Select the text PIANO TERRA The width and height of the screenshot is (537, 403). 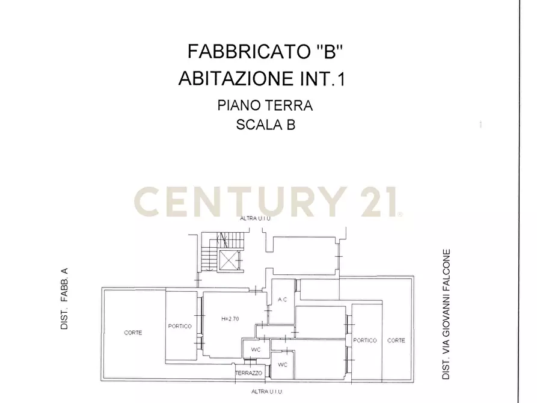[x=265, y=106]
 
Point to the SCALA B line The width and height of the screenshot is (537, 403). [x=265, y=125]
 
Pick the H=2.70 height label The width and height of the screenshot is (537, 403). [x=230, y=319]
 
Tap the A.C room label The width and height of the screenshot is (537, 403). [x=281, y=300]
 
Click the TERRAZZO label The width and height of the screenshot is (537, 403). [x=248, y=374]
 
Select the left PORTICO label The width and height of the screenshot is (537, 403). [x=180, y=326]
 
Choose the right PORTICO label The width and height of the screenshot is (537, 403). [x=365, y=340]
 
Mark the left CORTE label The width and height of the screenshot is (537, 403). [x=133, y=333]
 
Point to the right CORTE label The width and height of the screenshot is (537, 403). [x=396, y=340]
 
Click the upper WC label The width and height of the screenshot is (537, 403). [x=255, y=349]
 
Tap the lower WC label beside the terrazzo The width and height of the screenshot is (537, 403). [x=282, y=365]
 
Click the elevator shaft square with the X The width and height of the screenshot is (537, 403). [x=230, y=260]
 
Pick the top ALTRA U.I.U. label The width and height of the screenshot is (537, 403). [x=256, y=218]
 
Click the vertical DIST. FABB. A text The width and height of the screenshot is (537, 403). [x=64, y=300]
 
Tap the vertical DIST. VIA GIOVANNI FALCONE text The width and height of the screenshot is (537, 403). [x=446, y=314]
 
